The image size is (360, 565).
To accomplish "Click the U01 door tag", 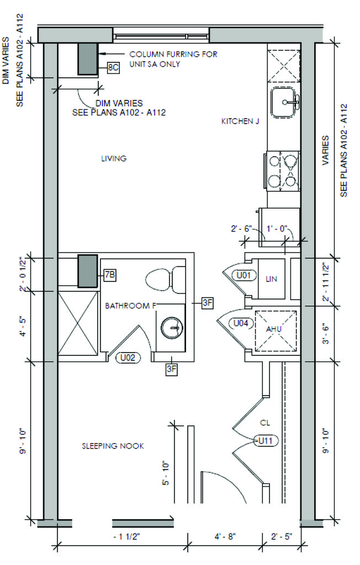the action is [x=243, y=276].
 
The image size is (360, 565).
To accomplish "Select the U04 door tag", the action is [x=241, y=323].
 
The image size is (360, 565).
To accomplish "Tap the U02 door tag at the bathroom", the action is [x=128, y=358].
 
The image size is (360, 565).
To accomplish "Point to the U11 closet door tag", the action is [x=266, y=440].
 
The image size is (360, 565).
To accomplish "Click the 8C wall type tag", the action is [x=113, y=68].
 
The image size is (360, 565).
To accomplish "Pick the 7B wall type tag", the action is [x=110, y=275].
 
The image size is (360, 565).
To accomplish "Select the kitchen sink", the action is [x=284, y=102].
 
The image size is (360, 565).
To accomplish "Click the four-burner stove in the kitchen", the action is [x=283, y=171].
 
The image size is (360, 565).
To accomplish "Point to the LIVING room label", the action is [x=114, y=158].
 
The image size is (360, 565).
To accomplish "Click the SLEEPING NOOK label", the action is [x=113, y=446].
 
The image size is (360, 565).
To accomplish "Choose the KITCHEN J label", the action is [x=240, y=121].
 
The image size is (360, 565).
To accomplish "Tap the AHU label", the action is [x=274, y=329].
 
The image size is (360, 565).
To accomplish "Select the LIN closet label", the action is [x=271, y=279].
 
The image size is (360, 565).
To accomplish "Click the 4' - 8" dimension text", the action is [x=225, y=537].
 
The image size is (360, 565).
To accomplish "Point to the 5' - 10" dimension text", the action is [x=166, y=473].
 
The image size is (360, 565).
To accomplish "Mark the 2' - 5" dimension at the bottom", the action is [x=282, y=537].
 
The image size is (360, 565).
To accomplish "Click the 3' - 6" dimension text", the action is [x=326, y=334].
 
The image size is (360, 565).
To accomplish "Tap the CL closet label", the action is [x=265, y=423].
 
